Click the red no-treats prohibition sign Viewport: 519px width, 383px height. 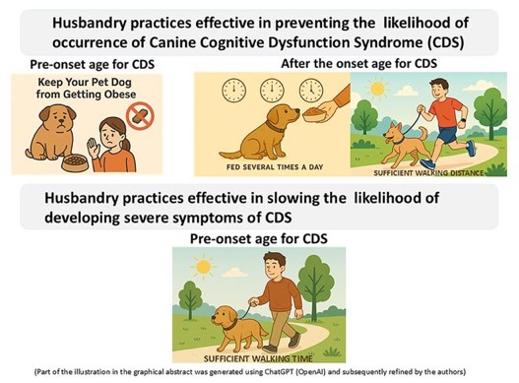pyautogui.click(x=140, y=116)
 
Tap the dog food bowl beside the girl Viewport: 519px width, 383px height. pyautogui.click(x=75, y=162)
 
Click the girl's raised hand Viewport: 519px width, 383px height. pyautogui.click(x=93, y=148)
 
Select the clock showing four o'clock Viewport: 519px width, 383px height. pyautogui.click(x=311, y=91)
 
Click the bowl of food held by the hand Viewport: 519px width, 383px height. pyautogui.click(x=314, y=114)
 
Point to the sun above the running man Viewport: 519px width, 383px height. pyautogui.click(x=377, y=89)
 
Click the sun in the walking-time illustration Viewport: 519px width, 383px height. pyautogui.click(x=203, y=267)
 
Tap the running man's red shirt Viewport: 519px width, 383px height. pyautogui.click(x=445, y=113)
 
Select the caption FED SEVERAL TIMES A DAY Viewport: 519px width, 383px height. pyautogui.click(x=275, y=167)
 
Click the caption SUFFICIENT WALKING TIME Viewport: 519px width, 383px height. pyautogui.click(x=258, y=358)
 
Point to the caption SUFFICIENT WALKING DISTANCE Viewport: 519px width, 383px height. pyautogui.click(x=428, y=173)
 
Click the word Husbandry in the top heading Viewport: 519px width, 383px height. pyautogui.click(x=89, y=24)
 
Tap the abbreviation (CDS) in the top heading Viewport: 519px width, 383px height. pyautogui.click(x=445, y=42)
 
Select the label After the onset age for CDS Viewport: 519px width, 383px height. pyautogui.click(x=359, y=63)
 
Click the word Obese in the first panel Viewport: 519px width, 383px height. pyautogui.click(x=120, y=95)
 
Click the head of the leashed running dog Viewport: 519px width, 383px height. pyautogui.click(x=393, y=133)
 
